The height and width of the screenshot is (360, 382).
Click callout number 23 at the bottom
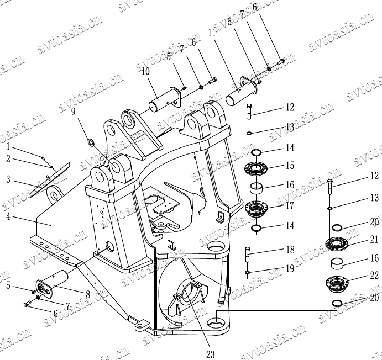210,354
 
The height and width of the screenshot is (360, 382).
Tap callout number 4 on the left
8,216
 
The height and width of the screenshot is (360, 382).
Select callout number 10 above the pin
145,71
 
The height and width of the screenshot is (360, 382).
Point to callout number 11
212,33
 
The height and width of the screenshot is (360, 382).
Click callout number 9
74,112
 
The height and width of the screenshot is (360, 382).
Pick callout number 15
290,166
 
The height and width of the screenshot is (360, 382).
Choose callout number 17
290,205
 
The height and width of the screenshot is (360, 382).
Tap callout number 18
290,250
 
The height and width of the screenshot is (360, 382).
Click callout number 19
290,268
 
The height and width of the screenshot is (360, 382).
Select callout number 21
374,239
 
